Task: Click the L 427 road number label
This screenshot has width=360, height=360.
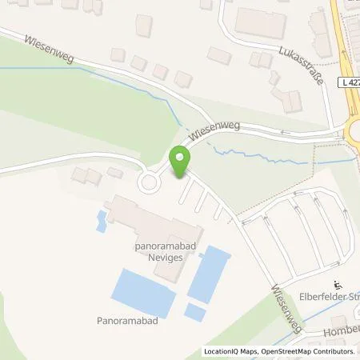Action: click(348, 82)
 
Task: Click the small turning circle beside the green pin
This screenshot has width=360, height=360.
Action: click(149, 183)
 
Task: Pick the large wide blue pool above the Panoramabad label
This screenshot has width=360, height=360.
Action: click(142, 290)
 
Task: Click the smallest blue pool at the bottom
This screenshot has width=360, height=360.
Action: click(195, 311)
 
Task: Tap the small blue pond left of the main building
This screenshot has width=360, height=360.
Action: click(102, 222)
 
